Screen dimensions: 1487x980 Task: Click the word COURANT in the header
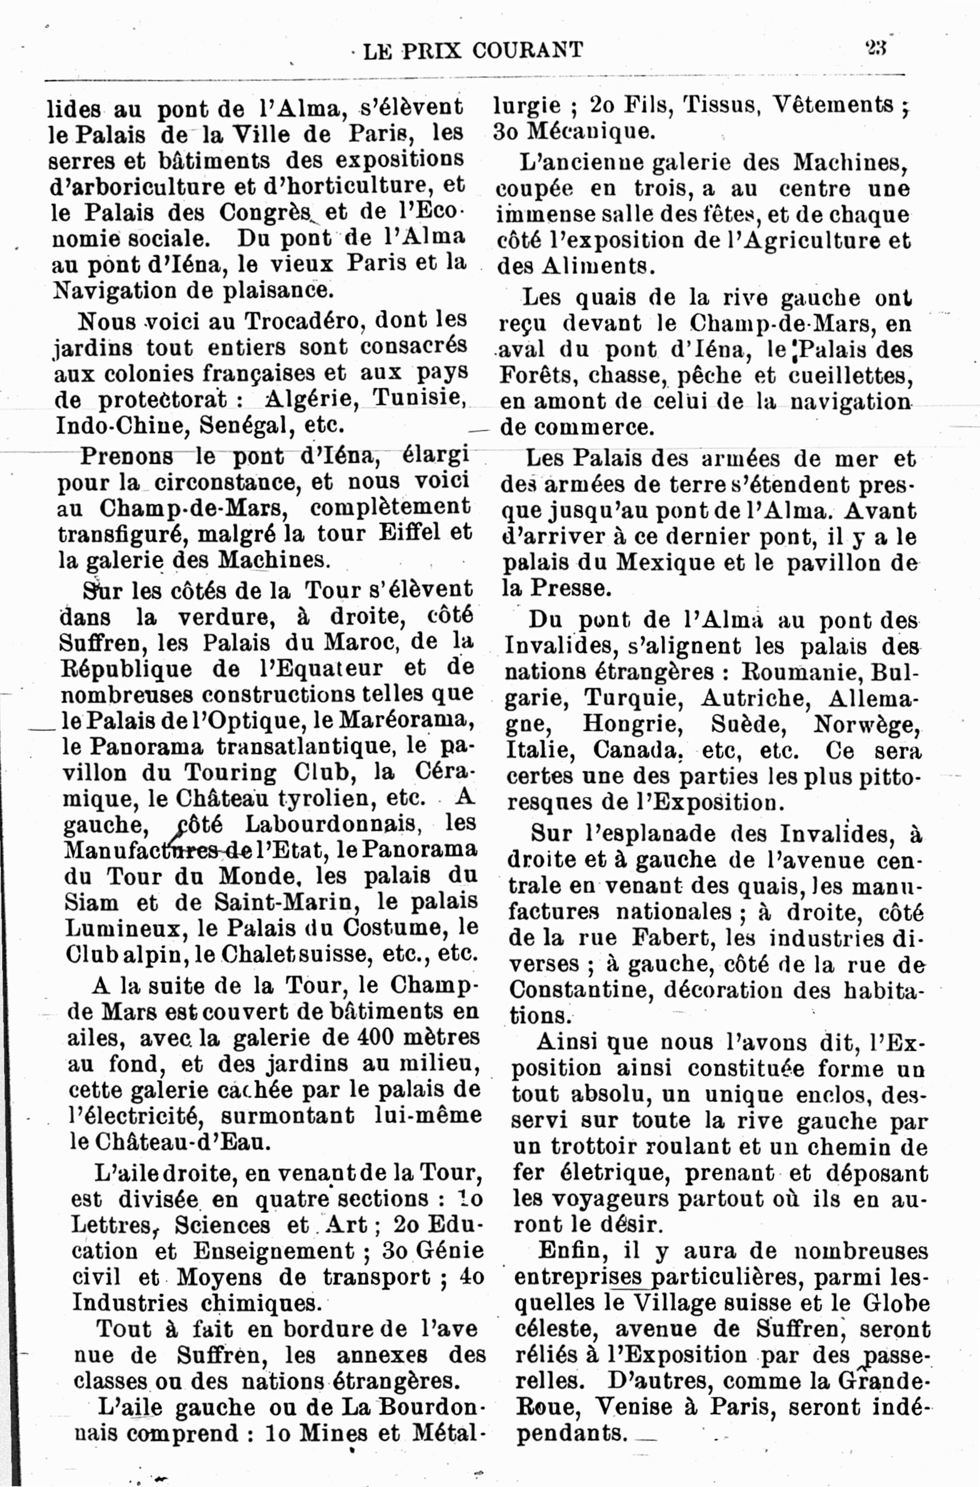point(528,50)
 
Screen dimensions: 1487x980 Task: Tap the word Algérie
point(310,398)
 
